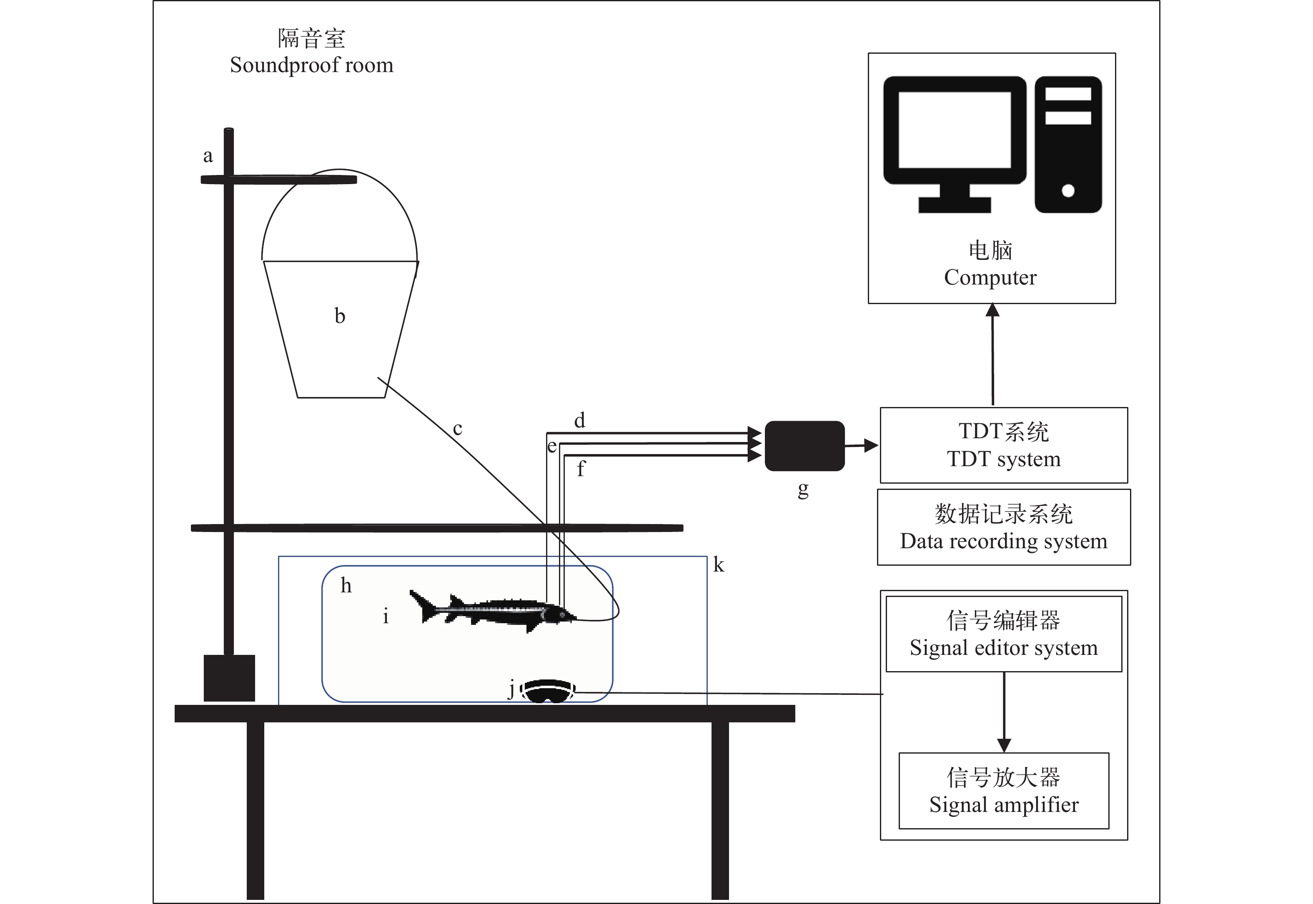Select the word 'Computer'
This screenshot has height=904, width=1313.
[x=990, y=277]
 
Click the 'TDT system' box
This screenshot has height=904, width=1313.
[x=1004, y=445]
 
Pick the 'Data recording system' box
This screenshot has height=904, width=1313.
[x=1004, y=527]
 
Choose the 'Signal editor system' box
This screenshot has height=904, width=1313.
[x=1004, y=634]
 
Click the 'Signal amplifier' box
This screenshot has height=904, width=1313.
[x=1004, y=791]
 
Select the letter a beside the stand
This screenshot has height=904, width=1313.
[x=208, y=156]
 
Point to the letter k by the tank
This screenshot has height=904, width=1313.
[x=719, y=565]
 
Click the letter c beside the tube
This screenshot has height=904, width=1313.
[x=457, y=429]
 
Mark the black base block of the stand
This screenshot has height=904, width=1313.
[x=229, y=678]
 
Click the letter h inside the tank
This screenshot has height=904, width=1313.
[x=346, y=585]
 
